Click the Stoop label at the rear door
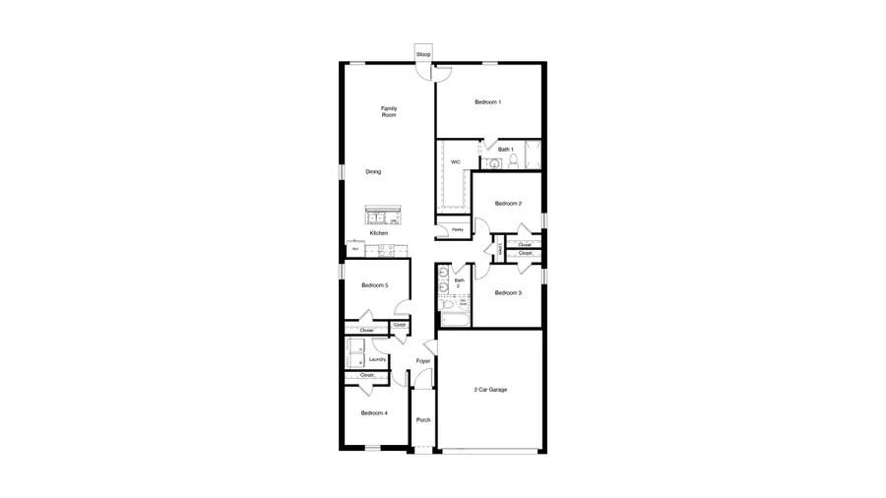(424, 54)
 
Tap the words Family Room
(389, 111)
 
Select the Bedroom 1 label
(488, 102)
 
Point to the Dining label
(373, 172)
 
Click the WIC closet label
(455, 161)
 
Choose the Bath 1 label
(506, 150)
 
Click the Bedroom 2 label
(508, 204)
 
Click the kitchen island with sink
(383, 215)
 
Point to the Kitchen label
(379, 233)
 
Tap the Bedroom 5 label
(375, 285)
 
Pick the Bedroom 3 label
(508, 292)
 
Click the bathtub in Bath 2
(455, 318)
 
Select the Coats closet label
(401, 325)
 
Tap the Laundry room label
(377, 359)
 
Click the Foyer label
(423, 361)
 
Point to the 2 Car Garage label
(490, 390)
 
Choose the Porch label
(423, 420)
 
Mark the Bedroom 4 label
(374, 413)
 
